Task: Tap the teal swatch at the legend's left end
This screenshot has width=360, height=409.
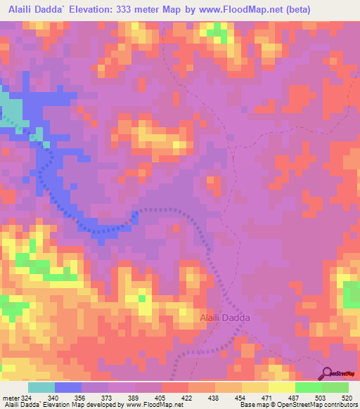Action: coord(41,388)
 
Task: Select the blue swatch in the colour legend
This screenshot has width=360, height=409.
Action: coord(68,388)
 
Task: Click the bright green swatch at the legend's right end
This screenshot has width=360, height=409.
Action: coord(335,388)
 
